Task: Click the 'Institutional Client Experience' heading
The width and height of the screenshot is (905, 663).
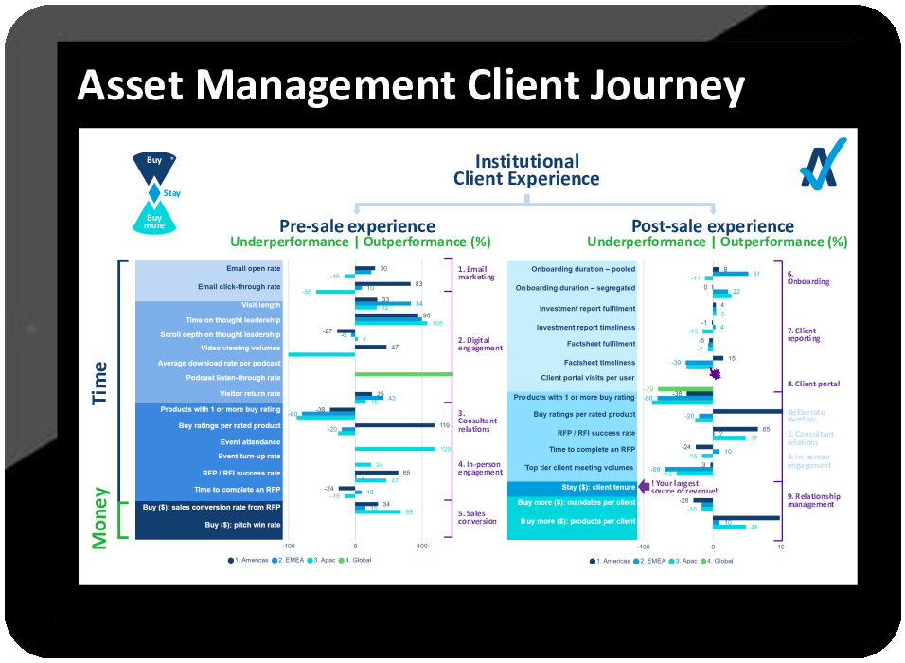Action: (x=526, y=170)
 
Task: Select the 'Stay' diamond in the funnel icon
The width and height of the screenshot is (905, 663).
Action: (x=154, y=193)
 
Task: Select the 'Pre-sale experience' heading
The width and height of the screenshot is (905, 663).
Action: (x=357, y=226)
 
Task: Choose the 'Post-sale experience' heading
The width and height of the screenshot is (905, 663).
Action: (x=712, y=226)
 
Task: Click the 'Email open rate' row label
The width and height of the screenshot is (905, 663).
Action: (x=253, y=269)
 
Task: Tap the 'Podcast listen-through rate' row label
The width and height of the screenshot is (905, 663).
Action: (x=233, y=378)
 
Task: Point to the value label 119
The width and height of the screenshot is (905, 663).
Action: (x=443, y=426)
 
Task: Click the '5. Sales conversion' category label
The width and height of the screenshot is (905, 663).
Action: (x=478, y=517)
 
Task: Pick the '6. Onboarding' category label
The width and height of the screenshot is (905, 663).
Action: (x=807, y=278)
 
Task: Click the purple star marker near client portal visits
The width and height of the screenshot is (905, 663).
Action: (x=716, y=375)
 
